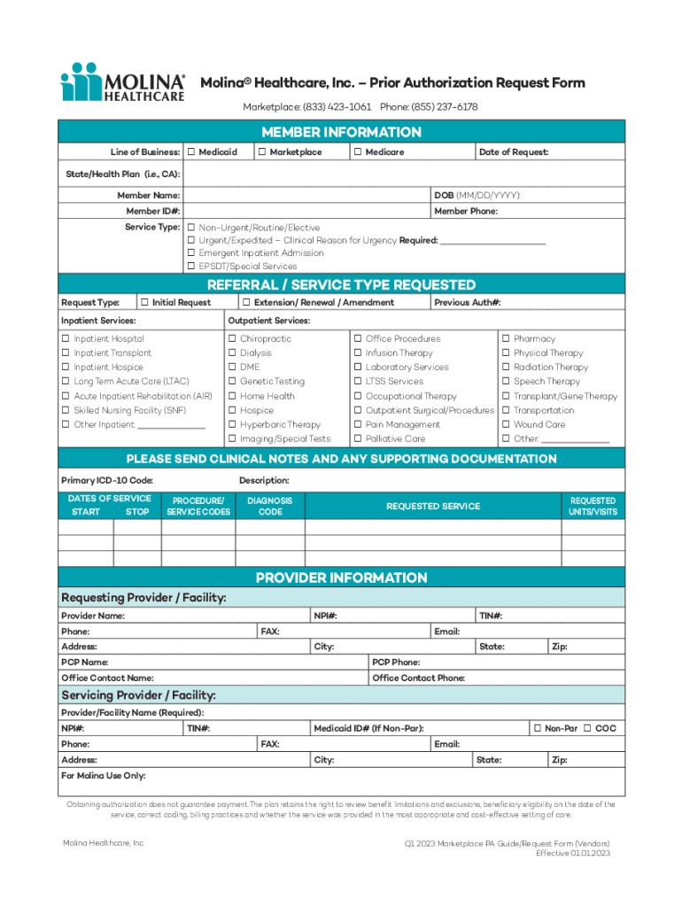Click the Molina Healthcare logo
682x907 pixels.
pyautogui.click(x=124, y=82)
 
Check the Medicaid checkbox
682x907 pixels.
pyautogui.click(x=190, y=152)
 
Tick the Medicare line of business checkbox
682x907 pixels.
pyautogui.click(x=356, y=152)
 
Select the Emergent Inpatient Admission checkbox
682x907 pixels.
pyautogui.click(x=190, y=253)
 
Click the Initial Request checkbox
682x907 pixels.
pyautogui.click(x=144, y=302)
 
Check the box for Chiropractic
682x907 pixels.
pyautogui.click(x=232, y=339)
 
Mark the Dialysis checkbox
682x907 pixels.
pyautogui.click(x=232, y=353)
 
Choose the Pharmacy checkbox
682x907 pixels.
pyautogui.click(x=506, y=339)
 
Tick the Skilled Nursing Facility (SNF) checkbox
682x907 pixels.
pyautogui.click(x=66, y=411)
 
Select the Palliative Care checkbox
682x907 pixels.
pyautogui.click(x=358, y=439)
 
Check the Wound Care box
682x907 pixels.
pyautogui.click(x=506, y=425)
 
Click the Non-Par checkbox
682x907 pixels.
pyautogui.click(x=537, y=728)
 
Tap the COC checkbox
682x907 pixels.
pyautogui.click(x=587, y=728)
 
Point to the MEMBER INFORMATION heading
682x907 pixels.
pyautogui.click(x=341, y=132)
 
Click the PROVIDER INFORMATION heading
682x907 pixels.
pyautogui.click(x=341, y=578)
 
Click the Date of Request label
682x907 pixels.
pyautogui.click(x=514, y=152)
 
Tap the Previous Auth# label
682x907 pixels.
pyautogui.click(x=468, y=302)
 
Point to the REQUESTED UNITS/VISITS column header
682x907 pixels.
pyautogui.click(x=593, y=507)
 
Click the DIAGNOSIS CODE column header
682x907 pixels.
pyautogui.click(x=270, y=507)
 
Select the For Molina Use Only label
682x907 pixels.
pyautogui.click(x=103, y=775)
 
